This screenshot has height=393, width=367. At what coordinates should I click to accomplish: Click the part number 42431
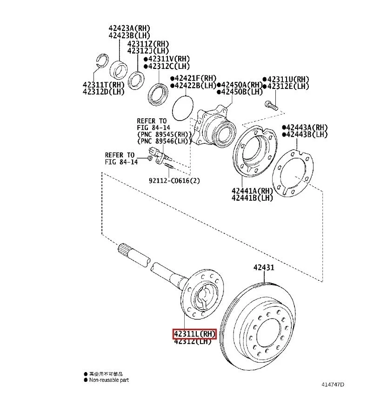[263, 268]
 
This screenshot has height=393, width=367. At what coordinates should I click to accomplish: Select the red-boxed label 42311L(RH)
[194, 333]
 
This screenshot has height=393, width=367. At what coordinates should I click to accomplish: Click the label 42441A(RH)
[251, 190]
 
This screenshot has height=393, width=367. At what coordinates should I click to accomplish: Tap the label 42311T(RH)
[103, 85]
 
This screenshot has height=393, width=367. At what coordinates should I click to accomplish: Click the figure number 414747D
[333, 385]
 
